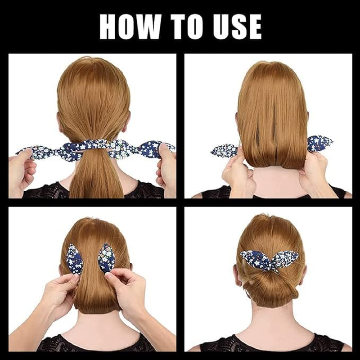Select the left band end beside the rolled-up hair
tap(224, 150)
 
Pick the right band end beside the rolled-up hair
tap(320, 143)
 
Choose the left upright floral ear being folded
tap(74, 259)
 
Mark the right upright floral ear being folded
tap(106, 258)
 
